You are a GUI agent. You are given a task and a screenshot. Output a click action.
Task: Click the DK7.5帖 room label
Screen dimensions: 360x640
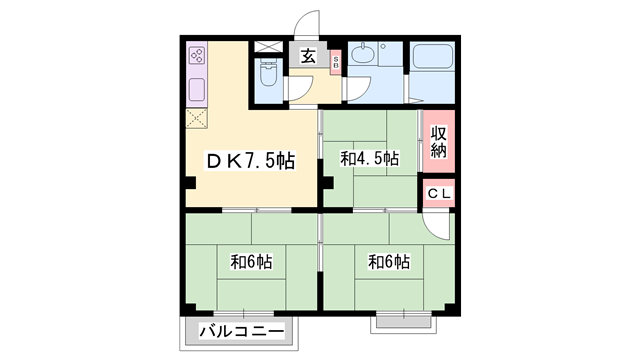point(250,160)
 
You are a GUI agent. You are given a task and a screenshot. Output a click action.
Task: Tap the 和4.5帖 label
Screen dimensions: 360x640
point(369,158)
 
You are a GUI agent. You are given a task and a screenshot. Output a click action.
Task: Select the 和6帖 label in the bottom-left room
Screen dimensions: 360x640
point(252,262)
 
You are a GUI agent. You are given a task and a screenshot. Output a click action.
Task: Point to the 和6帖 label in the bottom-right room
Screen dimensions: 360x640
point(389,262)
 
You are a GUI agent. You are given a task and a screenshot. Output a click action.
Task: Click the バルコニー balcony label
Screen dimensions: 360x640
point(241,331)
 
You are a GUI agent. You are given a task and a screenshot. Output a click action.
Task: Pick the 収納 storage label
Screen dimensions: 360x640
point(438,142)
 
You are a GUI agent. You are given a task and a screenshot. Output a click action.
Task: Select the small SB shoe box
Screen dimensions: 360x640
point(336,62)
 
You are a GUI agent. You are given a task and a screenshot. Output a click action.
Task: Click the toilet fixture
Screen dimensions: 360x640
point(267,73)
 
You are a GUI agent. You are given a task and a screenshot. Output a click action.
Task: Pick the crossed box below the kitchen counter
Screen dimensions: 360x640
point(195,117)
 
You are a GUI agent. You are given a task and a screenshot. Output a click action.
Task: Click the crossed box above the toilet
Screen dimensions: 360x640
point(268,46)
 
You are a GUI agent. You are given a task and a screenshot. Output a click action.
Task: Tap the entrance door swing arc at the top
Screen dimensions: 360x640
point(310,23)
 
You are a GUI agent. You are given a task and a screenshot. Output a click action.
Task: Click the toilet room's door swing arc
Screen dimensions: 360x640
point(297,91)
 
